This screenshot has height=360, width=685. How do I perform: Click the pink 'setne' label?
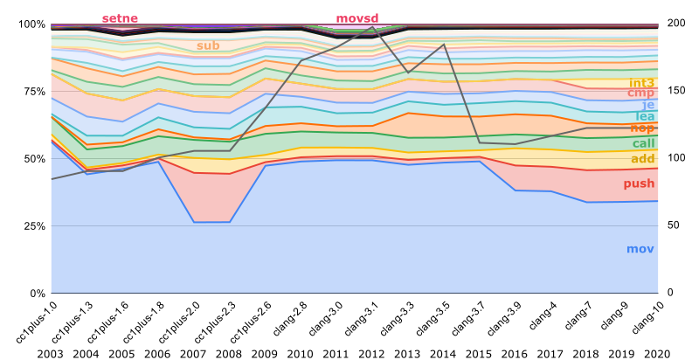(x=120, y=18)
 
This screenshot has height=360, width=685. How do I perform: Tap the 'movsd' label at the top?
(x=357, y=18)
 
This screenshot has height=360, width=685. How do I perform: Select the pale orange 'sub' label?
(x=208, y=45)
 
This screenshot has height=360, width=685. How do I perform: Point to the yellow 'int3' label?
(x=641, y=83)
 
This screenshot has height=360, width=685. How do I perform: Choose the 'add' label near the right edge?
(x=642, y=158)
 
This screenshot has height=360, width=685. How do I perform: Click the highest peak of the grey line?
(x=373, y=28)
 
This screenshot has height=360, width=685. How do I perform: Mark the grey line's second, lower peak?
(x=443, y=45)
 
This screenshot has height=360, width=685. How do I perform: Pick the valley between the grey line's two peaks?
(x=408, y=73)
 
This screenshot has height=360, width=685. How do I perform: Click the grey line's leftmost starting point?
(x=52, y=179)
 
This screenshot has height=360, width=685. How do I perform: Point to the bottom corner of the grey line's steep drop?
(x=480, y=142)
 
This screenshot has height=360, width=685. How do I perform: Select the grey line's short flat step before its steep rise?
(x=212, y=151)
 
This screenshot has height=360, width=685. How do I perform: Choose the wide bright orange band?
(x=437, y=124)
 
